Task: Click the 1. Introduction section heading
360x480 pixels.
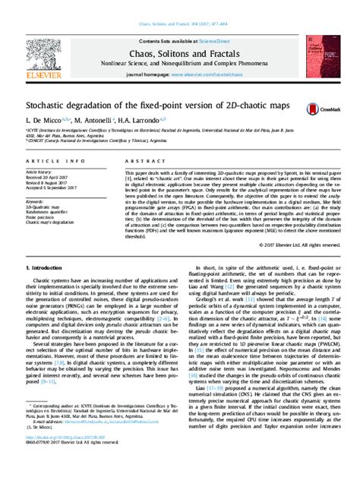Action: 50,269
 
